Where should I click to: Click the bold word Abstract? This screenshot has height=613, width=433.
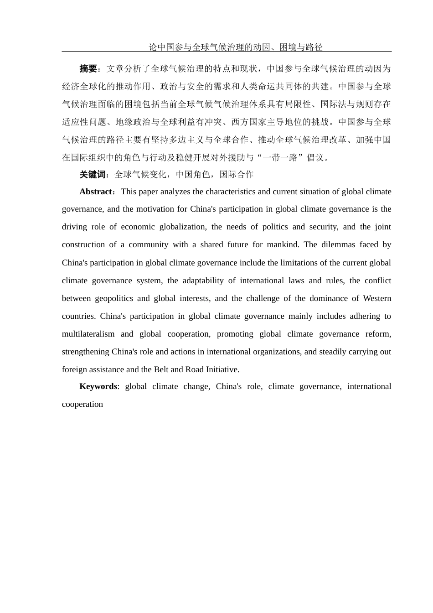pos(96,192)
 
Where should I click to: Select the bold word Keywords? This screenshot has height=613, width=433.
pos(98,386)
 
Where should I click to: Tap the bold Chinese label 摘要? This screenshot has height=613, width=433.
pos(88,69)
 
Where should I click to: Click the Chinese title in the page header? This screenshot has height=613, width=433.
pos(236,47)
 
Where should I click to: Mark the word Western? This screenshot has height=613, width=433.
pos(377,298)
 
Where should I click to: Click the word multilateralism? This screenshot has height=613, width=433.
pos(88,334)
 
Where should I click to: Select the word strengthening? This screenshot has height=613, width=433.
pos(86,352)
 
